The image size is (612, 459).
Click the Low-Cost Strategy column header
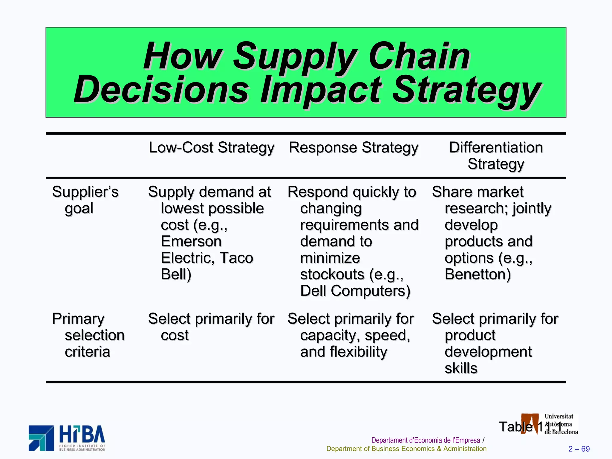tap(211, 148)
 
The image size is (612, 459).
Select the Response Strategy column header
tap(353, 148)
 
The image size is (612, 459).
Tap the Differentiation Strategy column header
tap(495, 155)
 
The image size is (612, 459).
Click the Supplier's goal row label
tap(85, 200)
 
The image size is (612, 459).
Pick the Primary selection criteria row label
tap(88, 335)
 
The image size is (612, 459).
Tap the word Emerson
tap(191, 241)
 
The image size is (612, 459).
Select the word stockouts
tap(332, 274)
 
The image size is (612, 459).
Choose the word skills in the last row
tap(461, 368)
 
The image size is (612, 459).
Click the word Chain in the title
tap(419, 56)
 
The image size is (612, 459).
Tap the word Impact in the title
tap(321, 90)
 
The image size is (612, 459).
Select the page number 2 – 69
tap(579, 449)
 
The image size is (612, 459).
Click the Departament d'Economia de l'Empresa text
tap(426, 440)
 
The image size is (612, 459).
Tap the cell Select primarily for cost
tap(211, 327)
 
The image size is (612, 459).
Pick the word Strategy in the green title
tap(466, 90)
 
